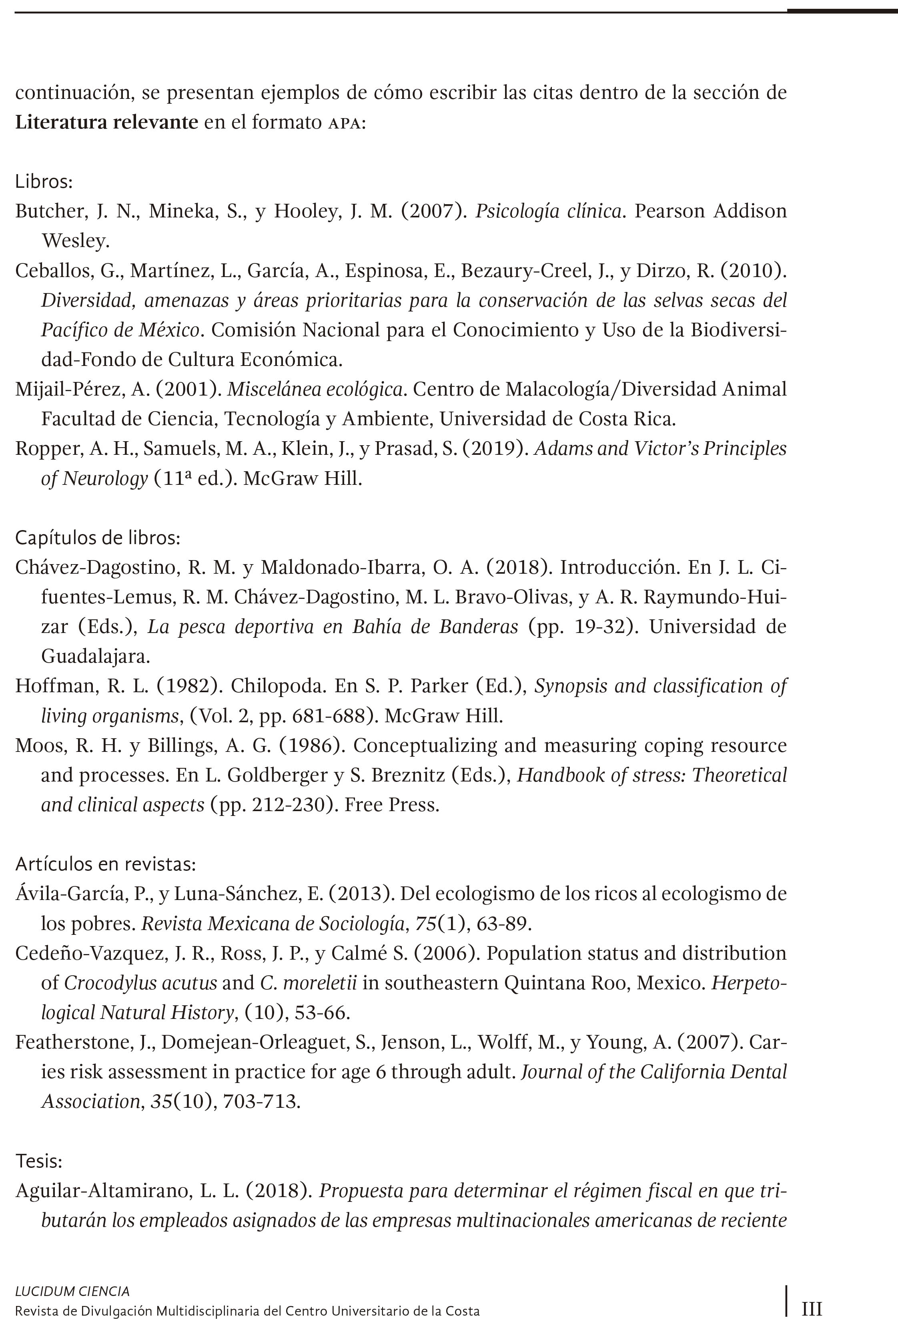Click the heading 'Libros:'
pyautogui.click(x=44, y=182)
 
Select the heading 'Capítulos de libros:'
pyautogui.click(x=97, y=537)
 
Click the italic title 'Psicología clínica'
pyautogui.click(x=548, y=211)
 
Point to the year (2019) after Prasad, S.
pyautogui.click(x=493, y=449)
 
